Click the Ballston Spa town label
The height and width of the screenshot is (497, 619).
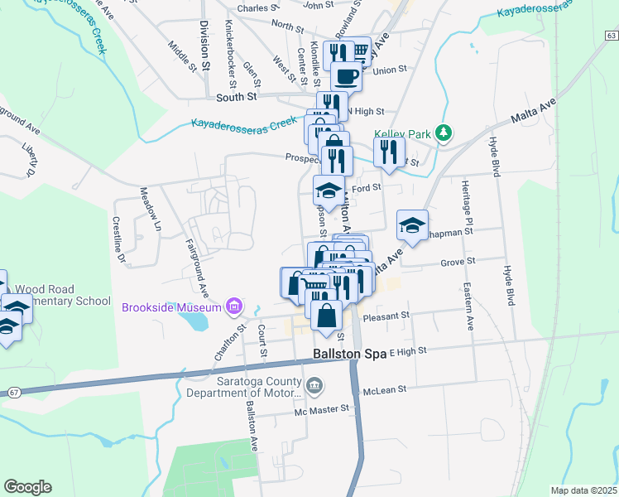click(x=348, y=353)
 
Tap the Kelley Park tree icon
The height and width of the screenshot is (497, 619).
click(x=444, y=133)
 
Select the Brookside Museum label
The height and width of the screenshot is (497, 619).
click(x=173, y=307)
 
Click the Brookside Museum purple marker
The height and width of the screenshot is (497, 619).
click(x=235, y=307)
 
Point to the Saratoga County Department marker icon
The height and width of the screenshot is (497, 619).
click(x=314, y=385)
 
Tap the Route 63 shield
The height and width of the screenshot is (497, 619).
click(x=611, y=35)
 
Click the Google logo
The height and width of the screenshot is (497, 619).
click(x=27, y=487)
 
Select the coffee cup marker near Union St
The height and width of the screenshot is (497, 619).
click(x=346, y=77)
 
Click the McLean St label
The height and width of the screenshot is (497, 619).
click(x=384, y=387)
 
